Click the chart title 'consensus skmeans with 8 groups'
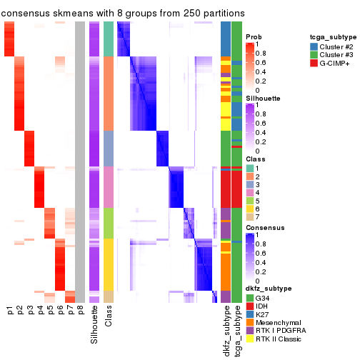pyautogui.click(x=123, y=14)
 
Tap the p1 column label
pyautogui.click(x=10, y=310)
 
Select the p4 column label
pyautogui.click(x=40, y=310)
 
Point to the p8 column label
pyautogui.click(x=80, y=310)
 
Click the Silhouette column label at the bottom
pyautogui.click(x=94, y=325)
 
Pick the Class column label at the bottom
pyautogui.click(x=109, y=318)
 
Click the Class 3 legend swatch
pyautogui.click(x=249, y=186)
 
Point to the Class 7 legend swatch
pyautogui.click(x=249, y=216)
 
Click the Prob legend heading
pyautogui.click(x=254, y=36)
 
